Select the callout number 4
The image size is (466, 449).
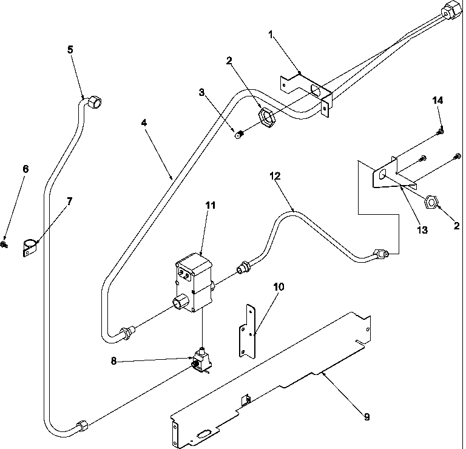pos(143,122)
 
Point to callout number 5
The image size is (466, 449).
pos(70,49)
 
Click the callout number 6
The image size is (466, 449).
pos(25,169)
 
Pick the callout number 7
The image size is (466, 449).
pos(70,201)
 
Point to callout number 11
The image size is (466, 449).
pos(210,205)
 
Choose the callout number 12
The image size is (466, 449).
pos(275,176)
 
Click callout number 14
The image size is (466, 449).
pos(437,100)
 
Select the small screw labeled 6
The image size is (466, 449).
pos(5,244)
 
